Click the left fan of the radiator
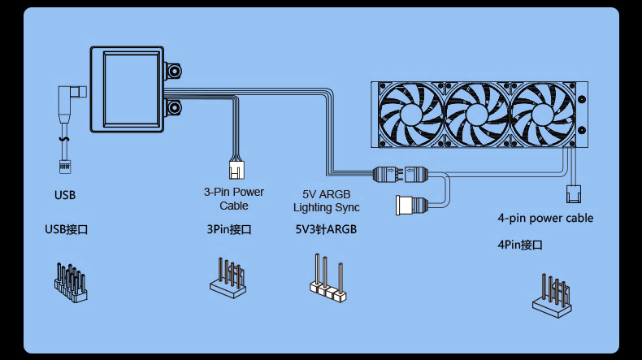point(410,115)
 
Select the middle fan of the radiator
point(478,115)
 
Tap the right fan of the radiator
point(544,115)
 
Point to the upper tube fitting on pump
point(176,71)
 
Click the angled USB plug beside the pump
point(69,102)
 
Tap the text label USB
point(65,195)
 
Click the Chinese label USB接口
point(67,230)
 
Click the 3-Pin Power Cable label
point(233,199)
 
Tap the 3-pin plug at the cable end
point(236,170)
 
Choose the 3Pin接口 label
point(229,230)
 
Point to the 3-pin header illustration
point(228,277)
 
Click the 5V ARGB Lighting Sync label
point(326,202)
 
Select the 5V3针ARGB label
point(326,230)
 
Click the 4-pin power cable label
point(545,218)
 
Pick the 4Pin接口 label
point(520,245)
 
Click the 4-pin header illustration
point(553,296)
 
